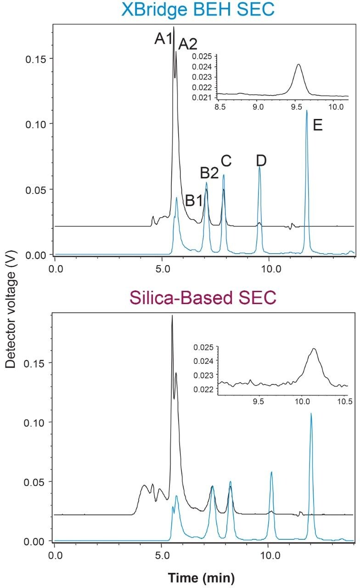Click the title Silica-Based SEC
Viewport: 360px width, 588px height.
click(x=202, y=298)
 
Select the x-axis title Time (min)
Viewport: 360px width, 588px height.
click(x=202, y=576)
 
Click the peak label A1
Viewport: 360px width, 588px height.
click(x=163, y=39)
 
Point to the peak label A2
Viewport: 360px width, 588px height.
click(x=187, y=45)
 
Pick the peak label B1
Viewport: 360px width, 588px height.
click(x=194, y=200)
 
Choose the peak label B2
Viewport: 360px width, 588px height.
click(x=209, y=173)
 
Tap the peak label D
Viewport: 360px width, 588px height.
click(x=261, y=161)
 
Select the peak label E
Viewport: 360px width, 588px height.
click(x=318, y=125)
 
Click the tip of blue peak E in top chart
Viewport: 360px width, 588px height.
click(x=307, y=110)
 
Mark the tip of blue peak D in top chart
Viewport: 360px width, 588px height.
click(x=260, y=167)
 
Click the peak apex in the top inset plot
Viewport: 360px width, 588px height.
click(x=298, y=64)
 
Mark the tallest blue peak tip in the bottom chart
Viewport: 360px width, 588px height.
click(x=311, y=413)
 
